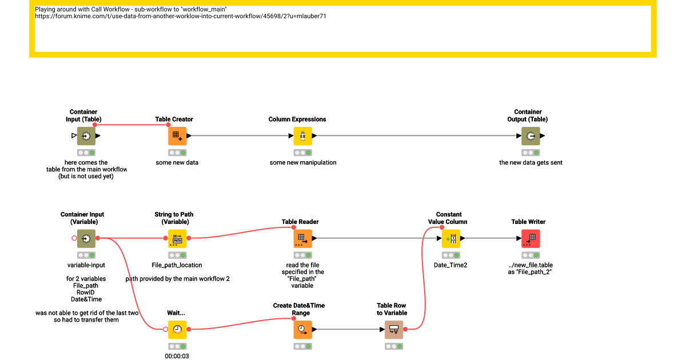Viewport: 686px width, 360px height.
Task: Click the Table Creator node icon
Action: pos(177,136)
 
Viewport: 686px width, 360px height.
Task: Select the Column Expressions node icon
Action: pos(302,136)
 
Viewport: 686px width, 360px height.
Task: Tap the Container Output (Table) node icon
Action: pos(531,136)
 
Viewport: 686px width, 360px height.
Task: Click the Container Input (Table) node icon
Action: pos(86,136)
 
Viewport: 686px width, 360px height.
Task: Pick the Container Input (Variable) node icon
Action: pos(86,238)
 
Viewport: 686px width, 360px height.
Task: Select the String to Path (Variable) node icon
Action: pos(177,238)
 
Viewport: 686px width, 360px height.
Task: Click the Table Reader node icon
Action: pos(302,238)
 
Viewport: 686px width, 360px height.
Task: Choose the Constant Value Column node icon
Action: pos(451,238)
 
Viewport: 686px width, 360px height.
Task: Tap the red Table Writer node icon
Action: pos(531,238)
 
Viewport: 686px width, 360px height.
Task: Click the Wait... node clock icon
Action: pos(177,330)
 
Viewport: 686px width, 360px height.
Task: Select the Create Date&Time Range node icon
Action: pos(302,330)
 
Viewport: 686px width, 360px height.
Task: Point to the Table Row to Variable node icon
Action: pos(394,330)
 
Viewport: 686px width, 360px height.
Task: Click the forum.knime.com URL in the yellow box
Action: pos(181,16)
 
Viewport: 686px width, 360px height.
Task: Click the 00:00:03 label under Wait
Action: pos(177,356)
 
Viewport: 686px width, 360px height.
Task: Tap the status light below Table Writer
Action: pos(531,255)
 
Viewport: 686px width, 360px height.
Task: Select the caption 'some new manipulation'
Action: pos(303,162)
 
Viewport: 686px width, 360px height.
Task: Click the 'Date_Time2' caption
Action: pos(450,265)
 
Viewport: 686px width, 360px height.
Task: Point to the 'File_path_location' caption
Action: pos(177,265)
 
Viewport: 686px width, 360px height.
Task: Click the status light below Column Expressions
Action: pos(302,153)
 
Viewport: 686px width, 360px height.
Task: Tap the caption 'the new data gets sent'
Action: pos(531,162)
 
